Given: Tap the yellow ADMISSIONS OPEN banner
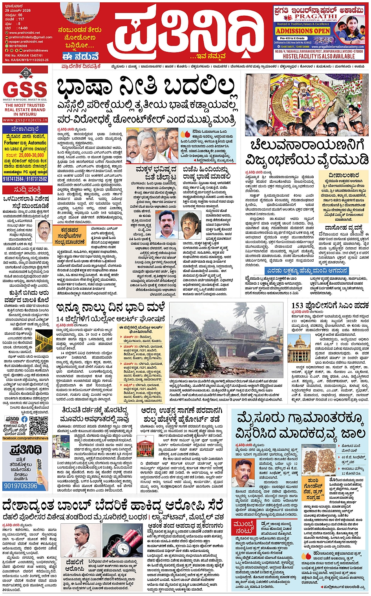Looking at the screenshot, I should [303, 31].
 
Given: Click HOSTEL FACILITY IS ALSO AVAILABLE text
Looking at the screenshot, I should [319, 57].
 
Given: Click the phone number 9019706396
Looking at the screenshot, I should [21, 486].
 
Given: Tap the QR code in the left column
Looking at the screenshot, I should [38, 425].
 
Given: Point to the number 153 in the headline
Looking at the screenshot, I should [297, 306].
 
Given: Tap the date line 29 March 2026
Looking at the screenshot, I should [18, 11].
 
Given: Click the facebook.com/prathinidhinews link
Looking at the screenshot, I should [25, 438].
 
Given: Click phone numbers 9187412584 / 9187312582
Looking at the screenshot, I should [25, 179].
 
